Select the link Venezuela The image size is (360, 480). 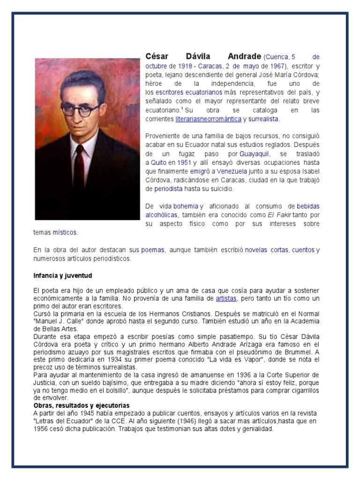pos(232,172)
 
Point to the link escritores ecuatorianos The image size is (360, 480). pos(189,92)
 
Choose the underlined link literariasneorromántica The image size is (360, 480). pos(208,119)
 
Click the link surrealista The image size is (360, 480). pos(263,119)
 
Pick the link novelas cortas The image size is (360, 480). pos(266,250)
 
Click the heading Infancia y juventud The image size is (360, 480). pos(62,275)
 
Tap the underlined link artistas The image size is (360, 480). pos(226,298)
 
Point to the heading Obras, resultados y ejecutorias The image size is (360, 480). pos(82,405)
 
